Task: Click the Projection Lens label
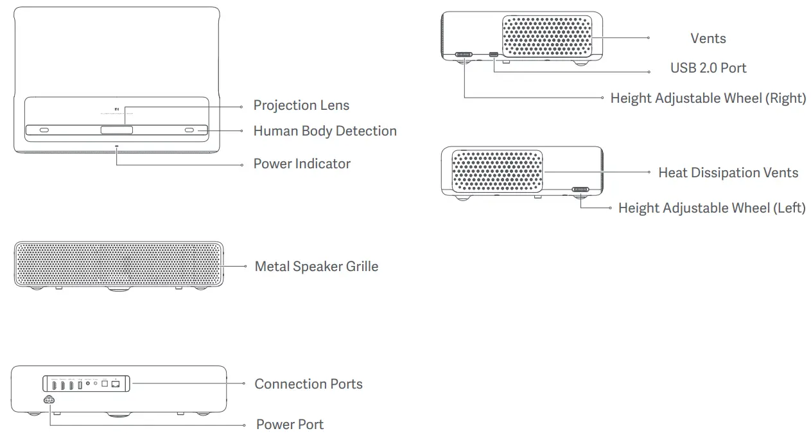[301, 105]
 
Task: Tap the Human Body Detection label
[325, 131]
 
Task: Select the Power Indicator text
[302, 164]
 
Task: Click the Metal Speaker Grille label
[316, 266]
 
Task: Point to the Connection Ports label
[308, 384]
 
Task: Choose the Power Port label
[290, 425]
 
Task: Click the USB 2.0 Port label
[708, 68]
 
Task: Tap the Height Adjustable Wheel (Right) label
[708, 98]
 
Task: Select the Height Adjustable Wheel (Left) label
[711, 208]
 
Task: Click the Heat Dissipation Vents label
[728, 173]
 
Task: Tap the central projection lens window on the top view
[116, 130]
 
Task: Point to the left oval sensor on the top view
[44, 130]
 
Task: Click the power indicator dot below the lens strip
[117, 146]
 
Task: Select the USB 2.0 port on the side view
[494, 55]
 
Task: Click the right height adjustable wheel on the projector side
[464, 55]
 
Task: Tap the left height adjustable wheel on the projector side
[580, 190]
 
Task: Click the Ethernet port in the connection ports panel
[116, 384]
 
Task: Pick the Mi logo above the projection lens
[116, 109]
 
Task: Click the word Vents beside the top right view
[708, 39]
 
